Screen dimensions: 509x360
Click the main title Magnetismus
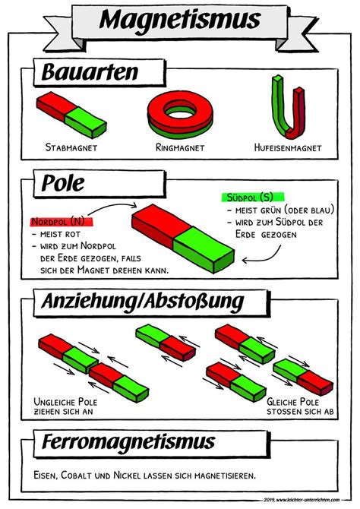coord(180,20)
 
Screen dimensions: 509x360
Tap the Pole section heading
coord(65,183)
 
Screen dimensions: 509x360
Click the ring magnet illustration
coord(181,112)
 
